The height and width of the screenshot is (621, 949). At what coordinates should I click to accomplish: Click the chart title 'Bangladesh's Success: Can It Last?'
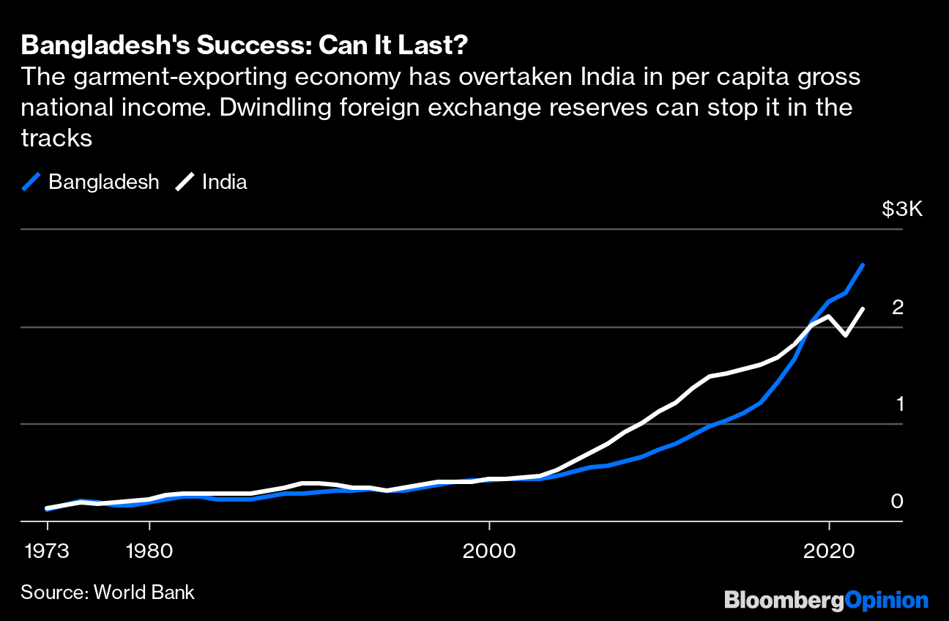[245, 45]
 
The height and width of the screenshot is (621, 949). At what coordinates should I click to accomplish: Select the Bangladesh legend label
[103, 182]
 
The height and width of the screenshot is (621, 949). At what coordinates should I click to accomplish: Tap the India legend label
[224, 182]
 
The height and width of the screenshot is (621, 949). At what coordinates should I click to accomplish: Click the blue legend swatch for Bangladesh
[31, 182]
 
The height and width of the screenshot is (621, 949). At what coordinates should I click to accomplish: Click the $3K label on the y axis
[902, 209]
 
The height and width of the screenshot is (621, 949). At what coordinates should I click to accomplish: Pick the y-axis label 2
[897, 308]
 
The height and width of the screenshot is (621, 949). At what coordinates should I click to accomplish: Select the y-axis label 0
[897, 502]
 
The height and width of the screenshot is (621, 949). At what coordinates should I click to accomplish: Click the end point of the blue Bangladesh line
[863, 264]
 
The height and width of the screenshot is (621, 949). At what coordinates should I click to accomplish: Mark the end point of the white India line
[863, 309]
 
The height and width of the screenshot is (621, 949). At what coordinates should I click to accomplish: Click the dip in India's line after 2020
[846, 335]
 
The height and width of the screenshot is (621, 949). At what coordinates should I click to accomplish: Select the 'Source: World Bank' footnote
[108, 592]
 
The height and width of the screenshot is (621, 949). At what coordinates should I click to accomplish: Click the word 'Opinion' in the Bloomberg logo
[887, 600]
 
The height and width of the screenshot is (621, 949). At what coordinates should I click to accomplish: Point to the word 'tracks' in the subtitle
[56, 138]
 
